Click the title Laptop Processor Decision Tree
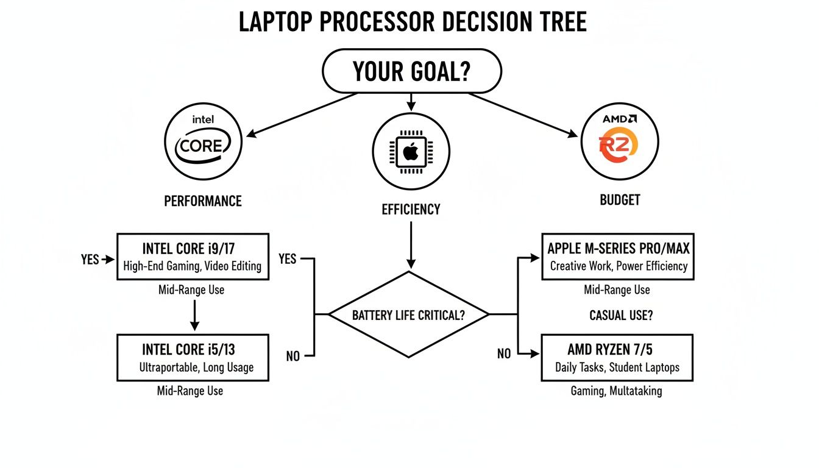coord(413,23)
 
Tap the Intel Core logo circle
coord(203,141)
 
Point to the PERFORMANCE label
coord(203,201)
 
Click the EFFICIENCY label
coord(411,210)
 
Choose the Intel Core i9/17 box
coord(192,257)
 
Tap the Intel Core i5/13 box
coord(192,357)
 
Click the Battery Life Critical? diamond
coord(409,315)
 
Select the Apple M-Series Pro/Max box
coord(618,257)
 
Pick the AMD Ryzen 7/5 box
coord(617,358)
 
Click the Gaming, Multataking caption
coord(616,391)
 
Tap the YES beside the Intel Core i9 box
coord(90,260)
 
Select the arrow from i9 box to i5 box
coord(194,314)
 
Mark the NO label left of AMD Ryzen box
coord(504,354)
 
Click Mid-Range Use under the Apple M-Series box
coord(617,290)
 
